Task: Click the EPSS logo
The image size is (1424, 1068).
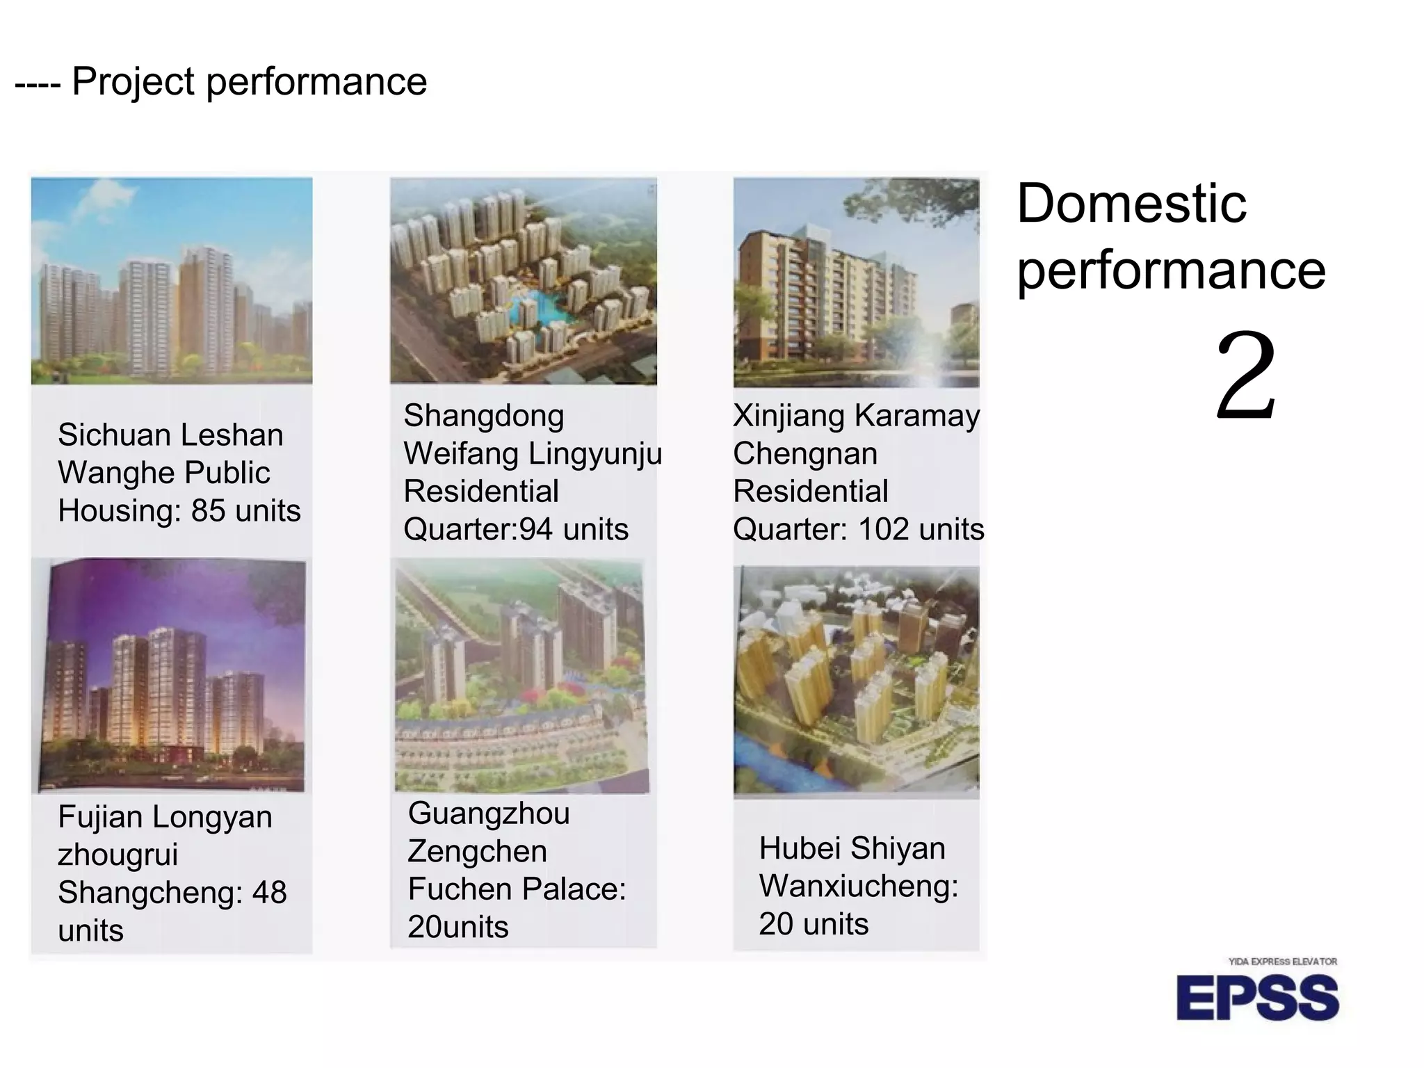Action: pyautogui.click(x=1257, y=998)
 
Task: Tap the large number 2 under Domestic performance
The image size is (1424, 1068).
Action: pyautogui.click(x=1246, y=376)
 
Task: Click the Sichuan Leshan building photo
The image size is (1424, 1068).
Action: pyautogui.click(x=172, y=281)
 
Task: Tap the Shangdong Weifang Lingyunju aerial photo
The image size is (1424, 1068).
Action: pyautogui.click(x=523, y=281)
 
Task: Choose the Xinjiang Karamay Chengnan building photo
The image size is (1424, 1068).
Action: pyautogui.click(x=856, y=282)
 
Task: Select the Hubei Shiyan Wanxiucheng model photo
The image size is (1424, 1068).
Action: pyautogui.click(x=856, y=681)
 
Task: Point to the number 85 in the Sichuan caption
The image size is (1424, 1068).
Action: pyautogui.click(x=208, y=511)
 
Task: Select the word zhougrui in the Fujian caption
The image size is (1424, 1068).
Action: pyautogui.click(x=118, y=855)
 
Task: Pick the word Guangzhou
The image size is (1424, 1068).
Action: pyautogui.click(x=488, y=814)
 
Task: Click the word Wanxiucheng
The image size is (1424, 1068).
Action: pyautogui.click(x=859, y=887)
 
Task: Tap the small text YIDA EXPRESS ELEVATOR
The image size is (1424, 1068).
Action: pyautogui.click(x=1282, y=962)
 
